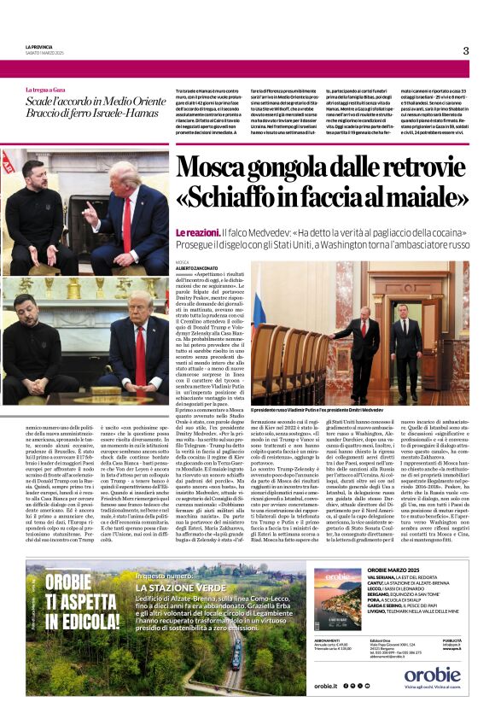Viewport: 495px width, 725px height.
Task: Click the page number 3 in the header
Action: pos(465,50)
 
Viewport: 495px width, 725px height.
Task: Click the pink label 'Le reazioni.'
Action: pos(196,232)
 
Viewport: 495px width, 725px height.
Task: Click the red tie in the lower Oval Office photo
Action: pos(140,353)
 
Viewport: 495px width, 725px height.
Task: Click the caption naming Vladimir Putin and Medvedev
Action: pos(324,411)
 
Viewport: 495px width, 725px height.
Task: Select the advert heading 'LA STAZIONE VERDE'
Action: pos(184,588)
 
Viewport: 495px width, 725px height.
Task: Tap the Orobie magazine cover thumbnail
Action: pos(338,601)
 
